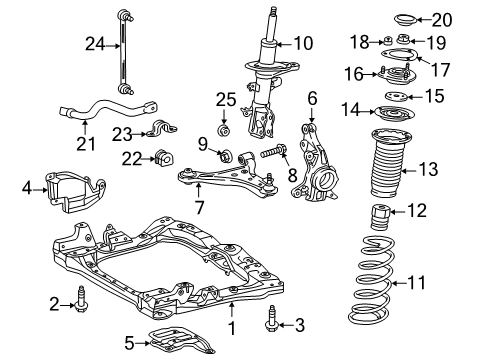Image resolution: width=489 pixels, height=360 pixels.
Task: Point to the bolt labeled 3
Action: [271, 324]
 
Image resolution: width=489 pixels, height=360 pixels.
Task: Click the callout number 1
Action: [232, 326]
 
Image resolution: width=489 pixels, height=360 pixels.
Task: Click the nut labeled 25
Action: [224, 131]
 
